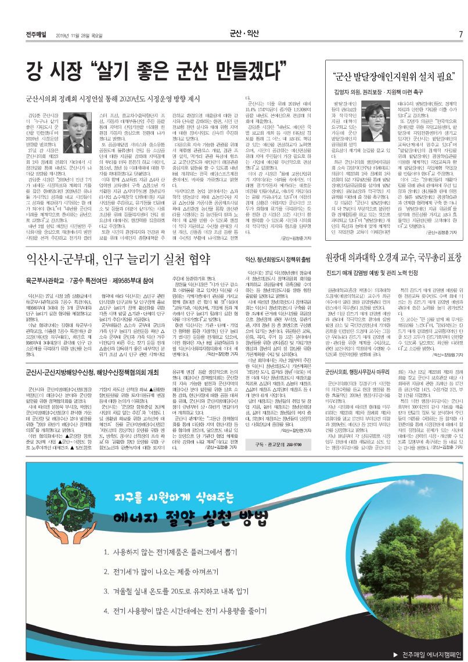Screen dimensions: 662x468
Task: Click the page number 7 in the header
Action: [460, 34]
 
